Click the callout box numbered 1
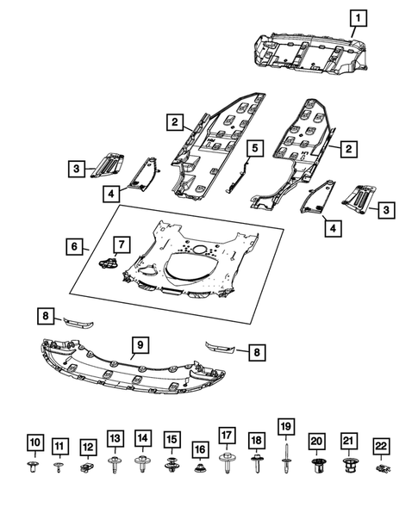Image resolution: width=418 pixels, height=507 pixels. click(x=357, y=16)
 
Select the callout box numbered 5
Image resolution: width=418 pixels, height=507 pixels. click(x=254, y=149)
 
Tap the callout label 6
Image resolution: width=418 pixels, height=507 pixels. click(x=76, y=247)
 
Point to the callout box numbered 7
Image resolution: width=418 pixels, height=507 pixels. click(x=121, y=246)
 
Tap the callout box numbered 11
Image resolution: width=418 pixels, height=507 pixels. click(x=59, y=446)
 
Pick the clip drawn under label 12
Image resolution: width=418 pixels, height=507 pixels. click(x=86, y=468)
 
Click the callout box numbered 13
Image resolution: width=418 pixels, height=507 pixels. click(x=115, y=438)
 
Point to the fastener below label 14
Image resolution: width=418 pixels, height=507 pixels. click(x=143, y=466)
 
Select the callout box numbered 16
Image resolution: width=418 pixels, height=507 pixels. click(x=200, y=449)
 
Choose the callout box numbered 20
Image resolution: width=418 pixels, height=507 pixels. click(x=317, y=440)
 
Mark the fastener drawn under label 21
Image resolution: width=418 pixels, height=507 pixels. click(x=348, y=467)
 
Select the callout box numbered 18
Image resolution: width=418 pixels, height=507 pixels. click(x=256, y=440)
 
